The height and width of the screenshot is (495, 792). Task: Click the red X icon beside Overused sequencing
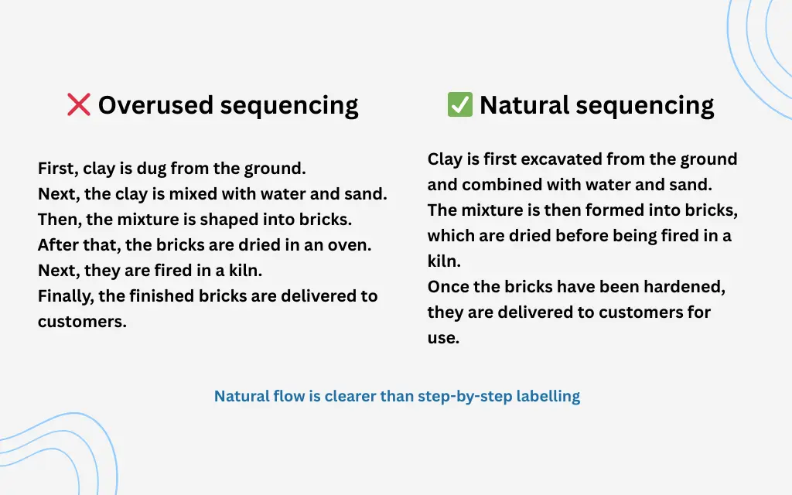[x=79, y=104]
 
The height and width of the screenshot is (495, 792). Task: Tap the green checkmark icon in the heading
[x=460, y=104]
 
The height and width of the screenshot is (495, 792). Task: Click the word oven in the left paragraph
[x=352, y=245]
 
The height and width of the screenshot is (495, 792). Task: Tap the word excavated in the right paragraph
[x=558, y=159]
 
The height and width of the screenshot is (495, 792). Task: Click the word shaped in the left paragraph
[x=224, y=220]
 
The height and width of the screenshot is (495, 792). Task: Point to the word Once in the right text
[x=447, y=287]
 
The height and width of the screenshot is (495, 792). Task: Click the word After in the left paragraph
[x=58, y=245]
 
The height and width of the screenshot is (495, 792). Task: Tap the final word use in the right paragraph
[x=443, y=338]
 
